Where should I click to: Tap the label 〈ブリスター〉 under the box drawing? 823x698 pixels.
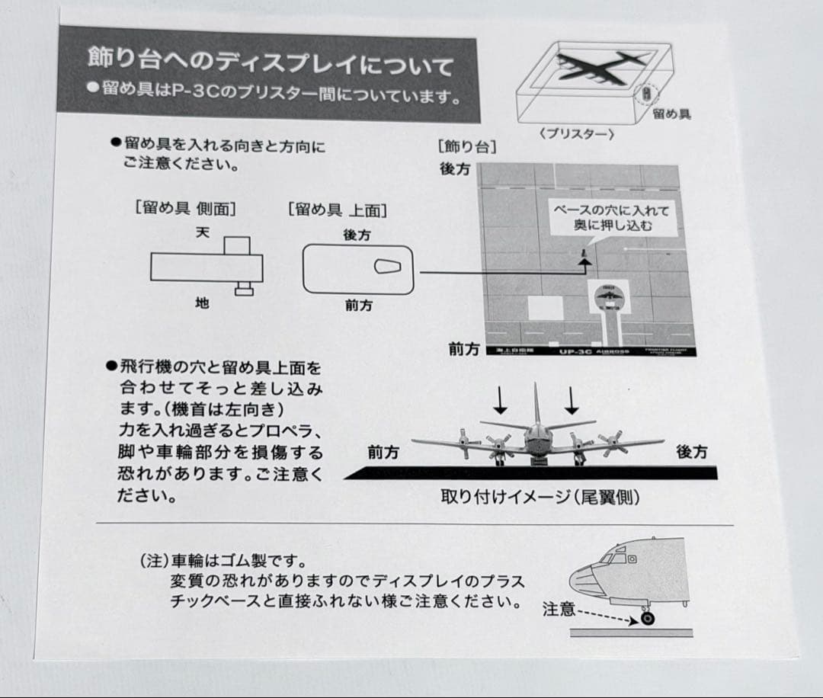[576, 133]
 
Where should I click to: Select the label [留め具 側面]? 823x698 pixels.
[185, 208]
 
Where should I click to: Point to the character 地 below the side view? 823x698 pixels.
[202, 303]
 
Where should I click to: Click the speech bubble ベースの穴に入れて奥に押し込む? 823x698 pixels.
[611, 218]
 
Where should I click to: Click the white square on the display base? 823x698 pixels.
[545, 308]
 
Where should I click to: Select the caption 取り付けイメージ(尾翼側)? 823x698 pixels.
[540, 497]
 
